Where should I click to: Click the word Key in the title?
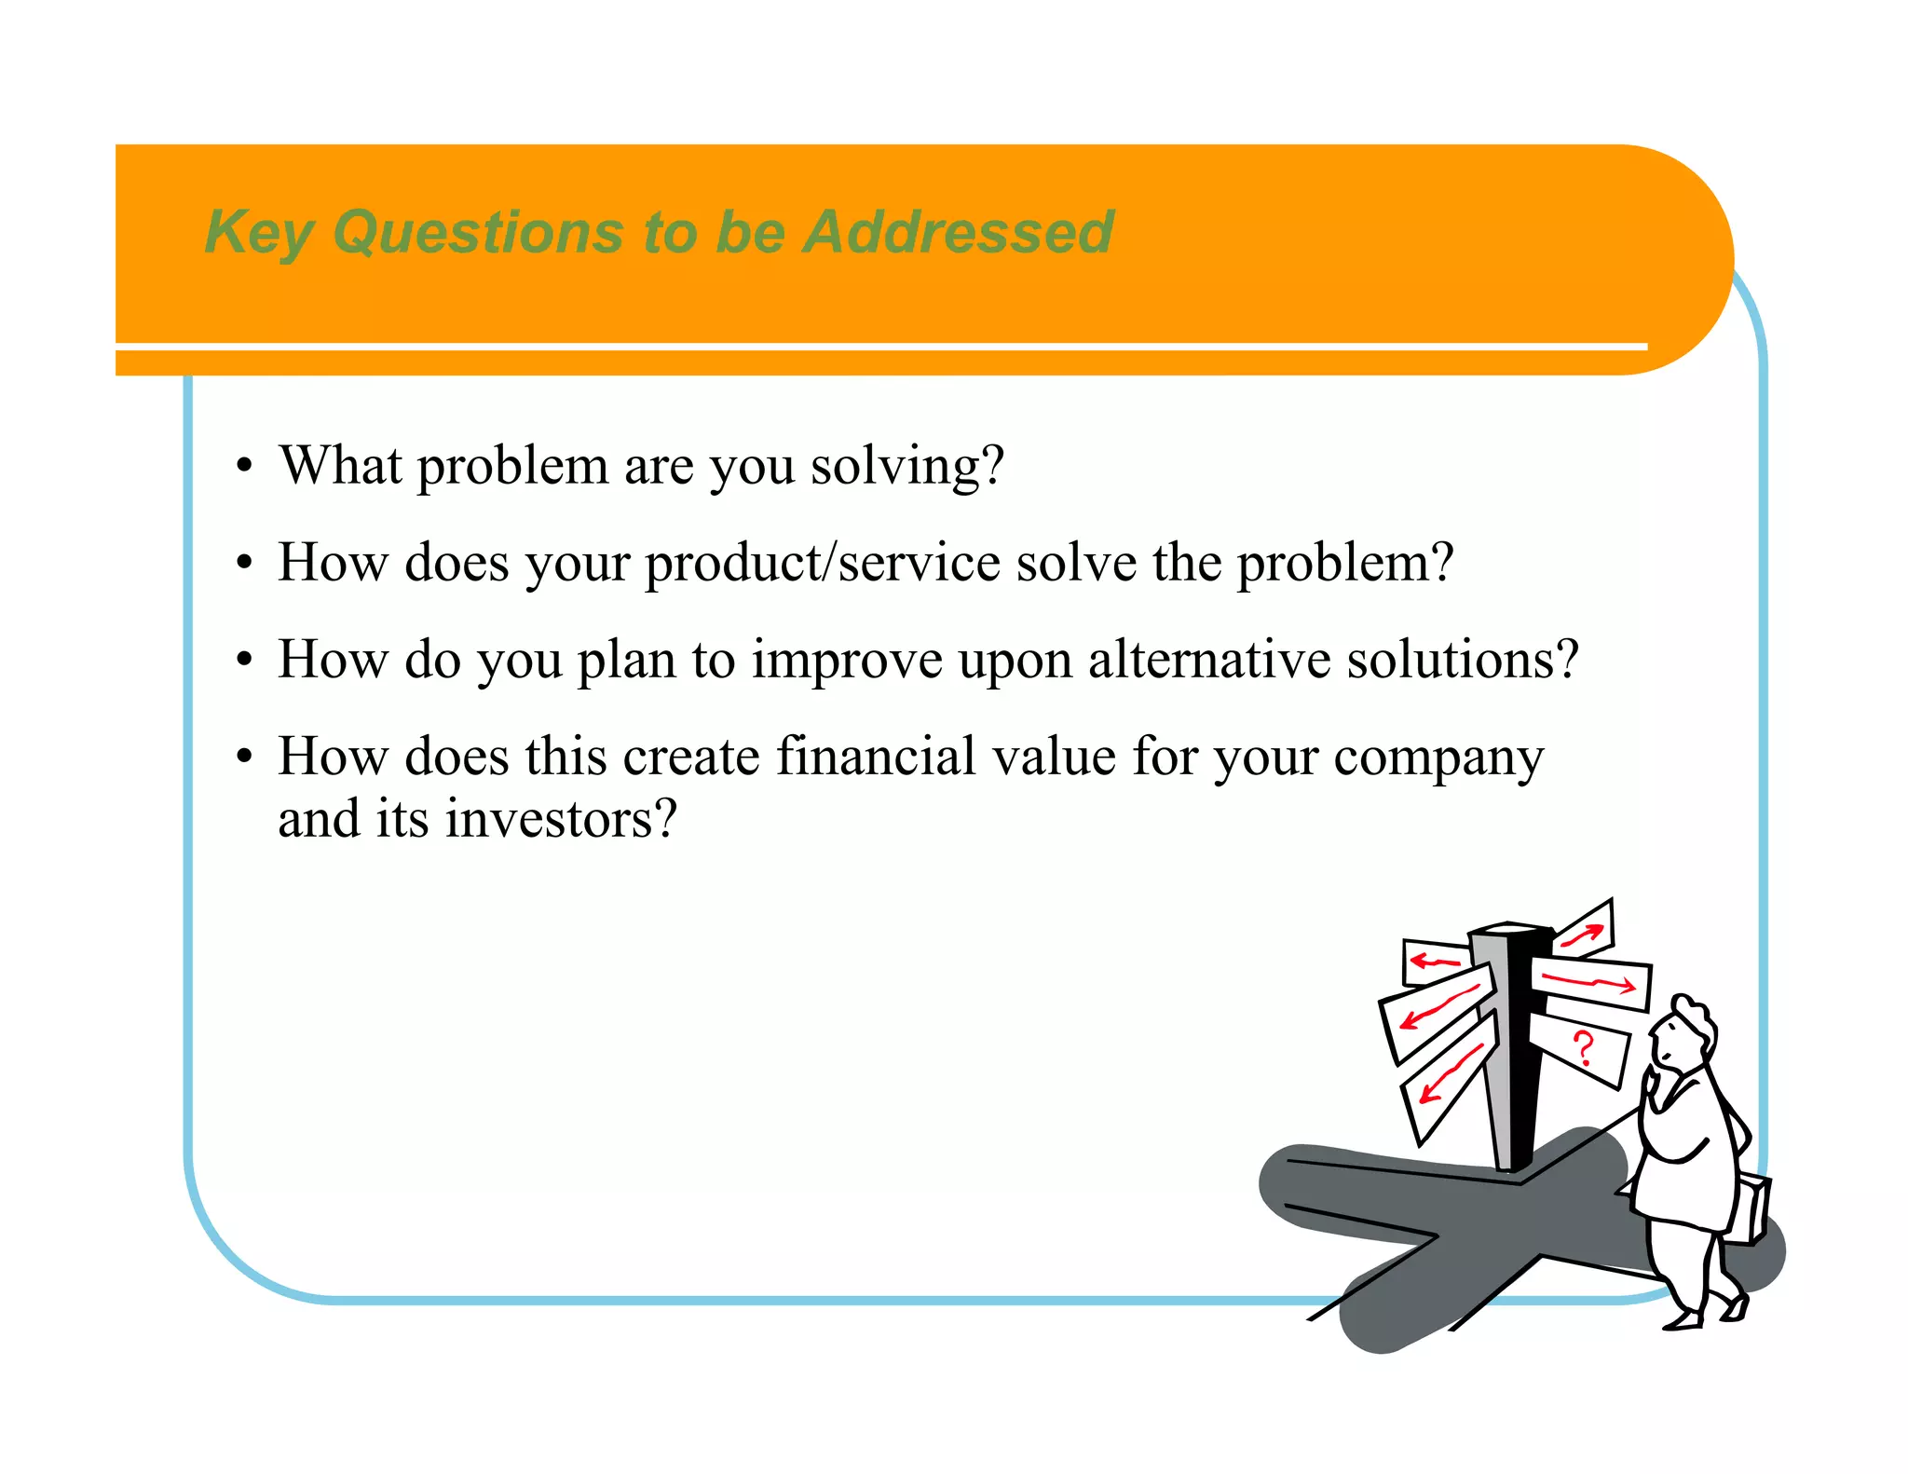coord(258,232)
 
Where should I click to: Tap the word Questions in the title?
coord(478,232)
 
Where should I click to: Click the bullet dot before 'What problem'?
coord(244,466)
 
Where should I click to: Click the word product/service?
coord(823,563)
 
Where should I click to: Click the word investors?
coord(560,819)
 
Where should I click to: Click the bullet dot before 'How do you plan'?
coord(244,660)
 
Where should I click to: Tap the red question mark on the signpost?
coord(1583,1048)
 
